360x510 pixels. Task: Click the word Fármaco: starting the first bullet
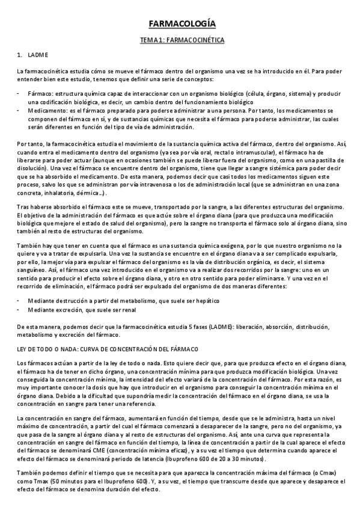(x=40, y=94)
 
